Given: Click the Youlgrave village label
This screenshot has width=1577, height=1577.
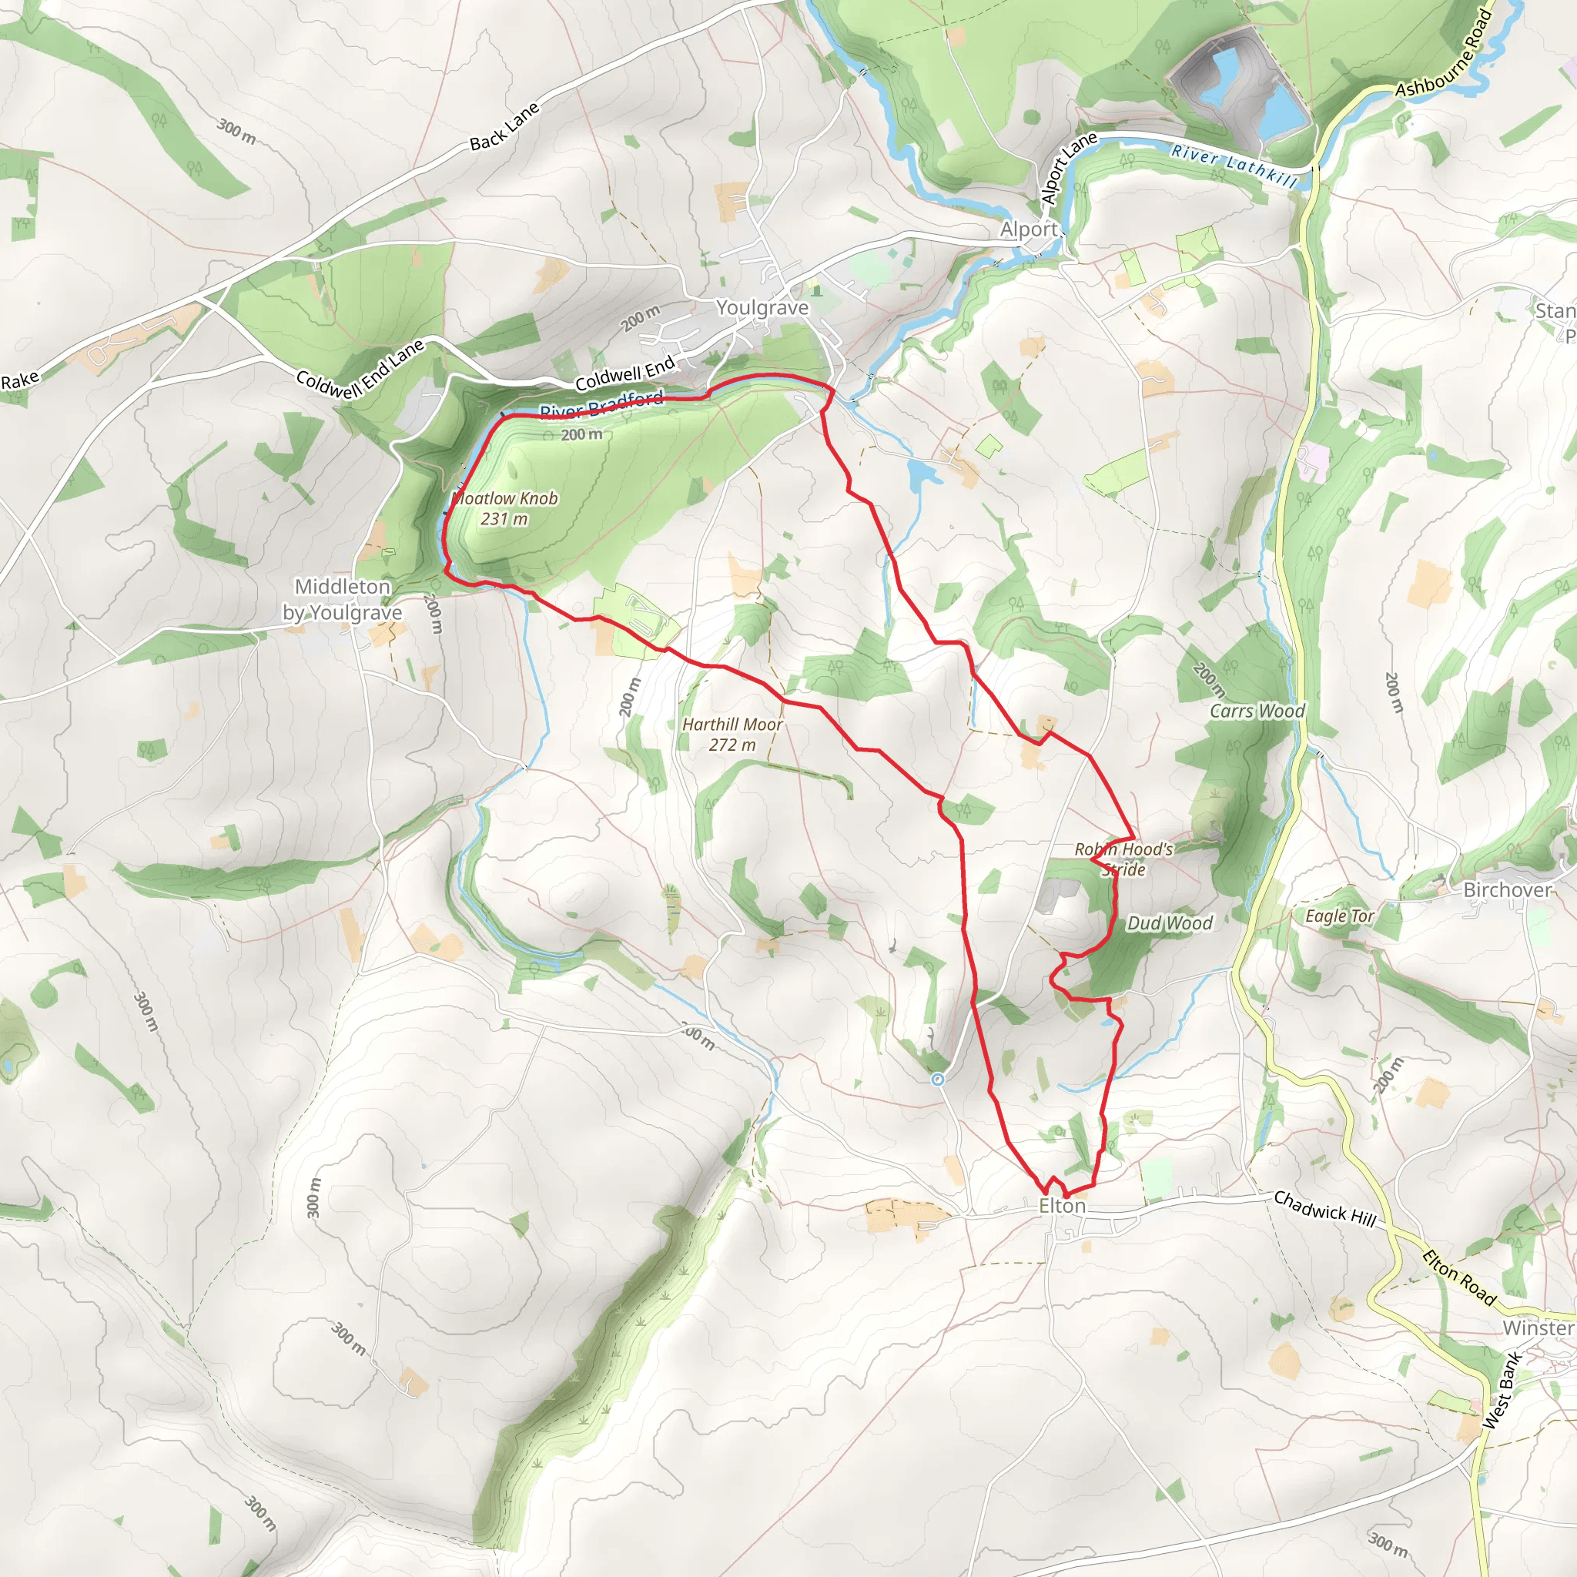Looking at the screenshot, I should (762, 308).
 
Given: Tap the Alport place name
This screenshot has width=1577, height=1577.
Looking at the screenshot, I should (1029, 229).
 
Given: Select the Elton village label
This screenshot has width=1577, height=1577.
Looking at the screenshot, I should (1061, 1206).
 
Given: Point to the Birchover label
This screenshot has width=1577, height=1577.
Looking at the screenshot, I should (1507, 889).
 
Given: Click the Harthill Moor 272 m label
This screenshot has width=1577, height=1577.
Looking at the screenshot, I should (732, 735).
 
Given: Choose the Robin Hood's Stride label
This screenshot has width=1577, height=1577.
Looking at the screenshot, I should (1124, 859).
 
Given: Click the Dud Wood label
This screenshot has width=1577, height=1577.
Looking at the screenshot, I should (1169, 923).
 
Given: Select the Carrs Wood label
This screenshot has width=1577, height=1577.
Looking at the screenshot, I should (1256, 711).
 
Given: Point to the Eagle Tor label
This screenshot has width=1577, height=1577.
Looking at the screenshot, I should (1338, 916).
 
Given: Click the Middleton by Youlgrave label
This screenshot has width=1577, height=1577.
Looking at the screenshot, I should (342, 599).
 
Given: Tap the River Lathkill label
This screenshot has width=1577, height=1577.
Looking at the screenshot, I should (1234, 166).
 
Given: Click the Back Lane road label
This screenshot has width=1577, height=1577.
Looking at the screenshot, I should (504, 126).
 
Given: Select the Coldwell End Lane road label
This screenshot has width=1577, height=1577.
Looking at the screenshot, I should (360, 369).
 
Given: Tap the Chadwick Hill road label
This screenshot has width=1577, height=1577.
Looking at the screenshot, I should (1324, 1208).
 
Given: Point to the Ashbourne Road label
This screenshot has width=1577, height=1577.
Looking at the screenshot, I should (1443, 55).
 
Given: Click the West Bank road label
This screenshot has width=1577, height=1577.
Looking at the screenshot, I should (1502, 1389).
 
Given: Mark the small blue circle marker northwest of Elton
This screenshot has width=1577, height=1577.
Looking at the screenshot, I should (938, 1079).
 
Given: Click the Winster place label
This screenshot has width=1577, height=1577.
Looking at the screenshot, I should (1538, 1328).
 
